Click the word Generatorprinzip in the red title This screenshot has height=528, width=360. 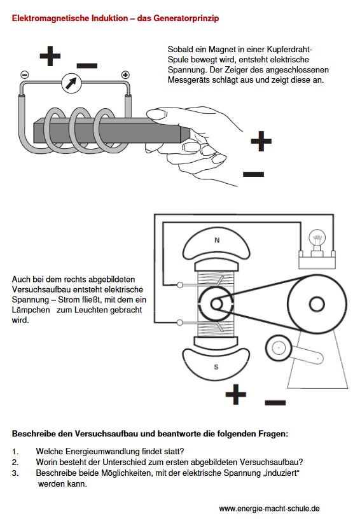tap(186, 18)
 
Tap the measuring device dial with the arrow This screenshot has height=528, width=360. tap(72, 83)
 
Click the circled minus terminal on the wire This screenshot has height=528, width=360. tap(25, 75)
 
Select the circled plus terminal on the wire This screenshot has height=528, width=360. tap(125, 75)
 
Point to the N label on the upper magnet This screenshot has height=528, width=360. tap(217, 240)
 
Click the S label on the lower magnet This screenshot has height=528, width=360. tap(216, 366)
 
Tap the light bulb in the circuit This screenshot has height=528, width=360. tap(317, 241)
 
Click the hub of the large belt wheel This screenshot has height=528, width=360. tap(317, 304)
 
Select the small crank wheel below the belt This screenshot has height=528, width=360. tap(279, 347)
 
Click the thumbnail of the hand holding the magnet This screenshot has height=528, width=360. tap(156, 114)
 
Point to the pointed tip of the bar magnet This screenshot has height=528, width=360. tap(190, 134)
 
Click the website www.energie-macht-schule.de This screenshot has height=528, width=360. tap(269, 508)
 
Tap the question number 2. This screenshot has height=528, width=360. tap(15, 462)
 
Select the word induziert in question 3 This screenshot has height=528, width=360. tap(282, 473)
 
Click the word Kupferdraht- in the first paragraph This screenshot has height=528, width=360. tap(289, 50)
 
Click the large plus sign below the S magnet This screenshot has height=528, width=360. tap(236, 394)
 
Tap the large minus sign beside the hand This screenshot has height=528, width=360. tap(253, 174)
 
